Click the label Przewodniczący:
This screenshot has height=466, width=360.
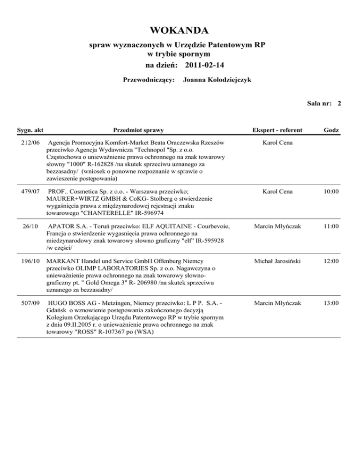149,80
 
